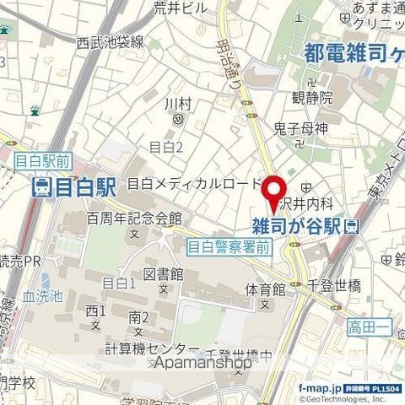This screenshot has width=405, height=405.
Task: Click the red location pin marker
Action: pos(273,192)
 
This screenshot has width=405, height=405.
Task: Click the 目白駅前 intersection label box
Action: pos(42,158)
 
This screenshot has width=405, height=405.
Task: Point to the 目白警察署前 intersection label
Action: pos(229,247)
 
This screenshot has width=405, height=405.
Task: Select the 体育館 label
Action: pos(265,289)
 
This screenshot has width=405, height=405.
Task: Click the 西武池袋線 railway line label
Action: pos(110,41)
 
